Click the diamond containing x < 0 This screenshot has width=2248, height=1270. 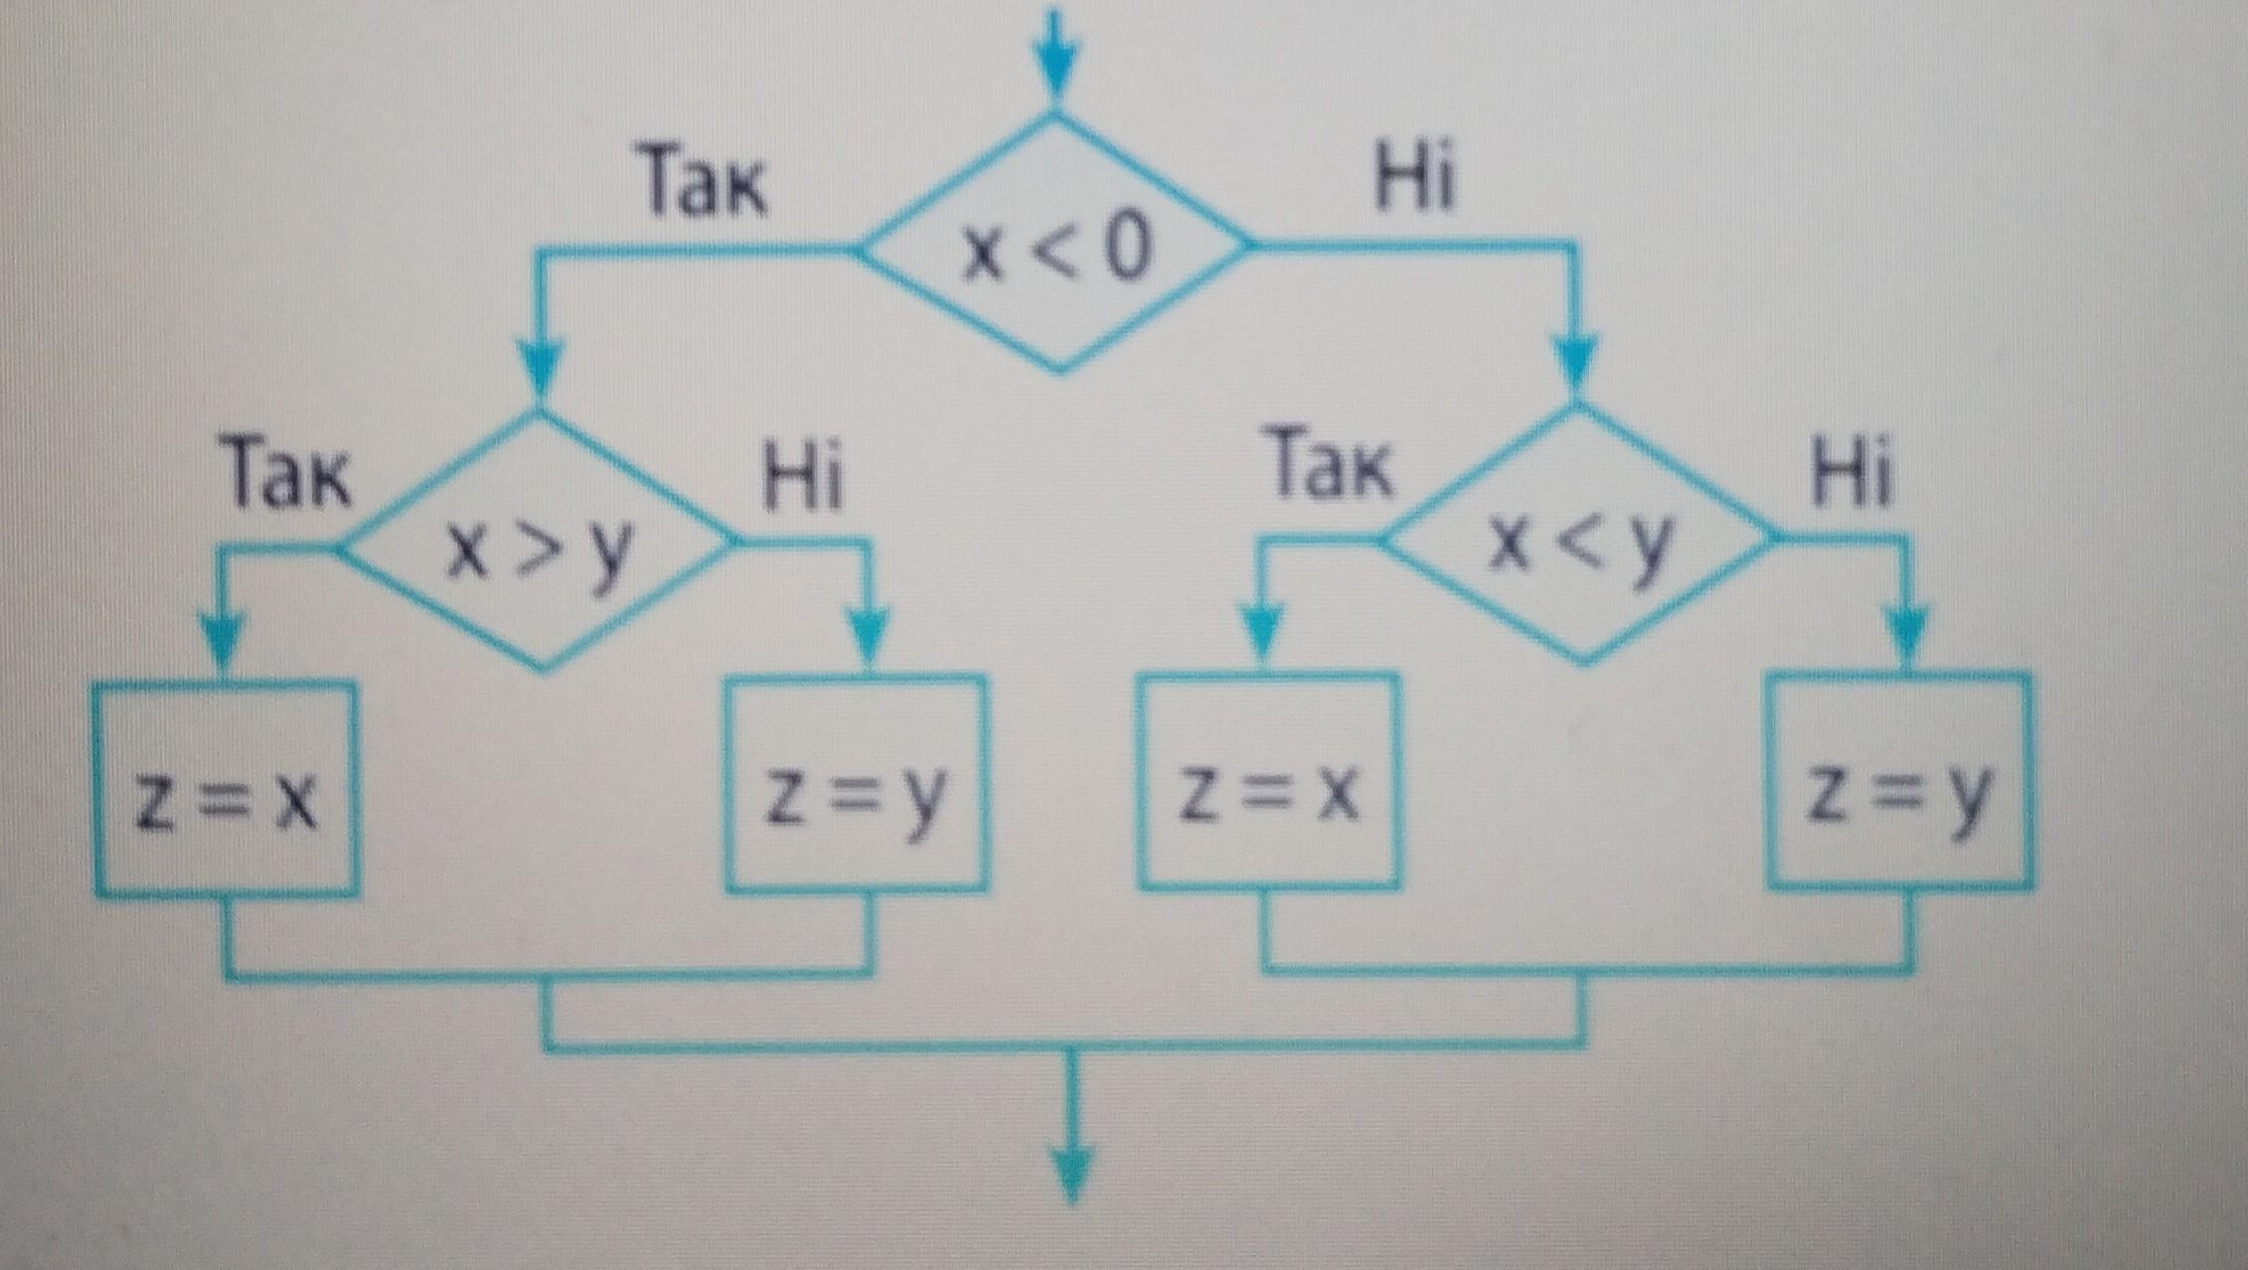pos(1055,244)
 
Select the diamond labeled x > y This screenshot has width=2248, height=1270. pos(540,543)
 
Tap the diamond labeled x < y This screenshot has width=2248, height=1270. pos(1580,537)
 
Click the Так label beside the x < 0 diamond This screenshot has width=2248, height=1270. pos(704,182)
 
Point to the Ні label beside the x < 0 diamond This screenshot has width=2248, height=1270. pos(1413,179)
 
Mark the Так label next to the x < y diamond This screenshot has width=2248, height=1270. pos(1332,463)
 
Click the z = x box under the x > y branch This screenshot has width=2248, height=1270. pos(227,791)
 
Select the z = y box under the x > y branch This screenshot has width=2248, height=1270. pos(857,785)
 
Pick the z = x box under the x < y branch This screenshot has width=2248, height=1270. pos(1268,783)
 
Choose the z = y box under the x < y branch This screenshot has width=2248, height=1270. pos(1898,783)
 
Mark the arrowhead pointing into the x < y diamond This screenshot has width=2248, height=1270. pos(1575,366)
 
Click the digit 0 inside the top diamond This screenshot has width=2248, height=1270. pos(1127,248)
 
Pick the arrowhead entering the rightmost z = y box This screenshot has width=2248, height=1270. pos(1906,634)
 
